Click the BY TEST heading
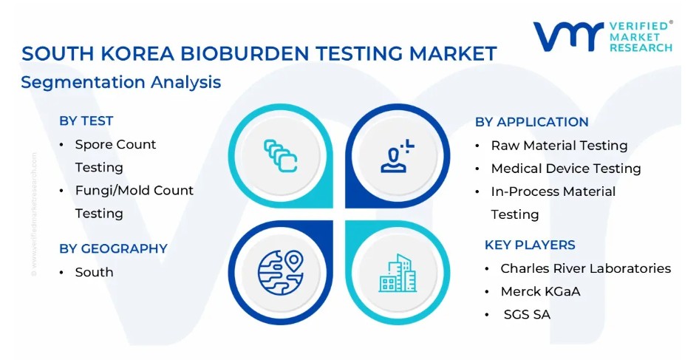click(x=86, y=121)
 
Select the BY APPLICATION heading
click(x=531, y=122)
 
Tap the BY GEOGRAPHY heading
click(x=113, y=248)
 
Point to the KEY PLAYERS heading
click(x=530, y=245)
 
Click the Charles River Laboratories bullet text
click(x=585, y=268)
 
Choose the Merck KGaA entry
click(x=540, y=292)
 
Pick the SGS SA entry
click(x=527, y=314)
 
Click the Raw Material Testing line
click(x=559, y=146)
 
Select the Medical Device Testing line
click(x=566, y=169)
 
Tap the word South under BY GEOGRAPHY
click(x=94, y=272)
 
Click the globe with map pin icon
click(x=280, y=273)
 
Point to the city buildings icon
click(x=398, y=273)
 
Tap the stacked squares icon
click(x=280, y=156)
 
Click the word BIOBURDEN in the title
click(x=245, y=53)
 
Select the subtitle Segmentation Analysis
click(x=120, y=83)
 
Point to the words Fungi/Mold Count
click(x=134, y=191)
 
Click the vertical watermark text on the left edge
click(x=34, y=214)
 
